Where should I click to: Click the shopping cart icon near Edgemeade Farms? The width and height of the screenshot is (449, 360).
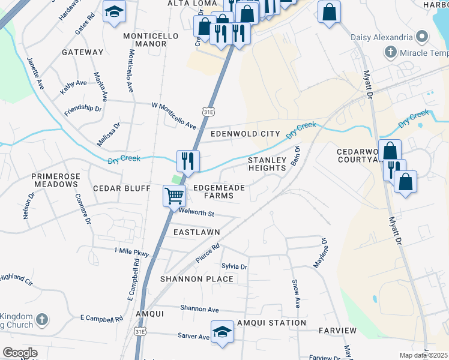coord(174,195)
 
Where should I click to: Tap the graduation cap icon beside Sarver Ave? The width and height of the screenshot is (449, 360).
coord(222,332)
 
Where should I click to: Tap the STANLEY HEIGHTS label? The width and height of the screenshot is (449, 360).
coord(267,164)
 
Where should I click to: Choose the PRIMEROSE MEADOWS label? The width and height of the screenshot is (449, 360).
coord(56,181)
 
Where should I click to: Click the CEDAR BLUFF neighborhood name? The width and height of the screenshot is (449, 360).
coord(121,188)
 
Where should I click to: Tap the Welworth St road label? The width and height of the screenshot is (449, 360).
coord(196,214)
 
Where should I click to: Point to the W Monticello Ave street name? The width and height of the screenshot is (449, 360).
coord(174,116)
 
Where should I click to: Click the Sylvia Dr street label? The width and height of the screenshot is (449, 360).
coord(234,266)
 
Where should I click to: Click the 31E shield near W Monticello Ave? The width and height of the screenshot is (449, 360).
coord(208,112)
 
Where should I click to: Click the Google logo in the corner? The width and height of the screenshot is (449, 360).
coord(20,353)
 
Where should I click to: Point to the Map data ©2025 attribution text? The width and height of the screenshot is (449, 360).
coord(423,355)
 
